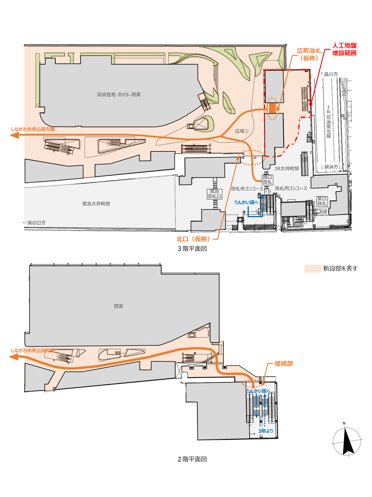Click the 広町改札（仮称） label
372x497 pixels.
point(309,54)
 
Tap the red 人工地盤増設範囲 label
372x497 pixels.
point(344,49)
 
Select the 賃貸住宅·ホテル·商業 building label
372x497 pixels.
point(119,95)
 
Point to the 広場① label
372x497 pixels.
point(242,131)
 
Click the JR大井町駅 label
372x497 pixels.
point(287,169)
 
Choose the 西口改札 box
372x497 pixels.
point(267,180)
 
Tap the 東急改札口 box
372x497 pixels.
point(214,194)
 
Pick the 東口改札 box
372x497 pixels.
point(322,201)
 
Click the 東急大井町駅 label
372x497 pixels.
point(96,204)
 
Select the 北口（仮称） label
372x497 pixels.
point(193,239)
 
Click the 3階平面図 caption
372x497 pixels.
point(192,249)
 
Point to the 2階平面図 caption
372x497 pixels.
point(192,459)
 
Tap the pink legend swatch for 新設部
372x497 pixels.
point(312,268)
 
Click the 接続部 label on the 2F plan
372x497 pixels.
point(284,364)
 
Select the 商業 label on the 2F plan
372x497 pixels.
point(119,306)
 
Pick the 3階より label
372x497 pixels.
point(266,431)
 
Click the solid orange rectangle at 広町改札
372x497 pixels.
point(272,108)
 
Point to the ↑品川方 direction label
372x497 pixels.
point(329,74)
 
